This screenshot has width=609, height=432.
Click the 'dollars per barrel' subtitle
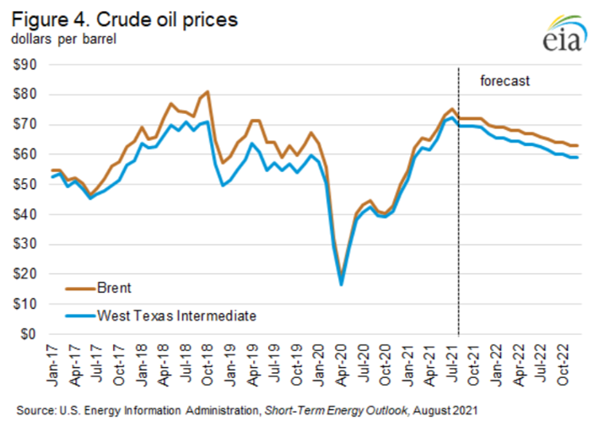point(63,38)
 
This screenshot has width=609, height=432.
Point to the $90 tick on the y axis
point(31,64)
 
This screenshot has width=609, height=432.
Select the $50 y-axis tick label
point(31,184)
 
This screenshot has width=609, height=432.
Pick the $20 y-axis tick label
point(31,274)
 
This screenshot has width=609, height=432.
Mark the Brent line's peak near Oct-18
point(207,92)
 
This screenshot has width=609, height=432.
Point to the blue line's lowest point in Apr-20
point(341,284)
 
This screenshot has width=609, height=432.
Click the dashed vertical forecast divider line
point(458,211)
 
